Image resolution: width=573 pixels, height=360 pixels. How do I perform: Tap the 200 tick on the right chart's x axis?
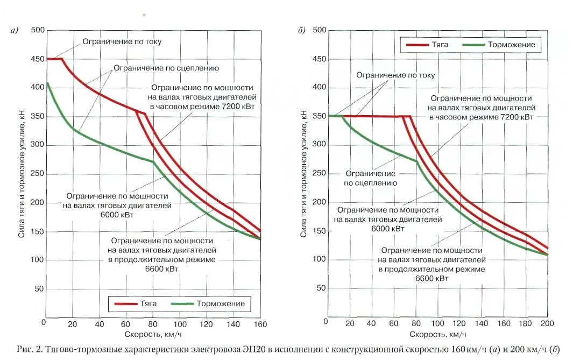coord(547,323)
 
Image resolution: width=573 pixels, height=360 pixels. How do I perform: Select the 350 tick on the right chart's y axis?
coord(320,116)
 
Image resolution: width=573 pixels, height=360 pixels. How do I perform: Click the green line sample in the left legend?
coord(181,304)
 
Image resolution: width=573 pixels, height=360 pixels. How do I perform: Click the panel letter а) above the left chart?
coord(15,31)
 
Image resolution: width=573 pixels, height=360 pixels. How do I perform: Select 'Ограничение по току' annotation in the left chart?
coord(122,41)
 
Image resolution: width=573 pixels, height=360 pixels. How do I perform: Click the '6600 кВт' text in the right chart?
coord(431,278)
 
